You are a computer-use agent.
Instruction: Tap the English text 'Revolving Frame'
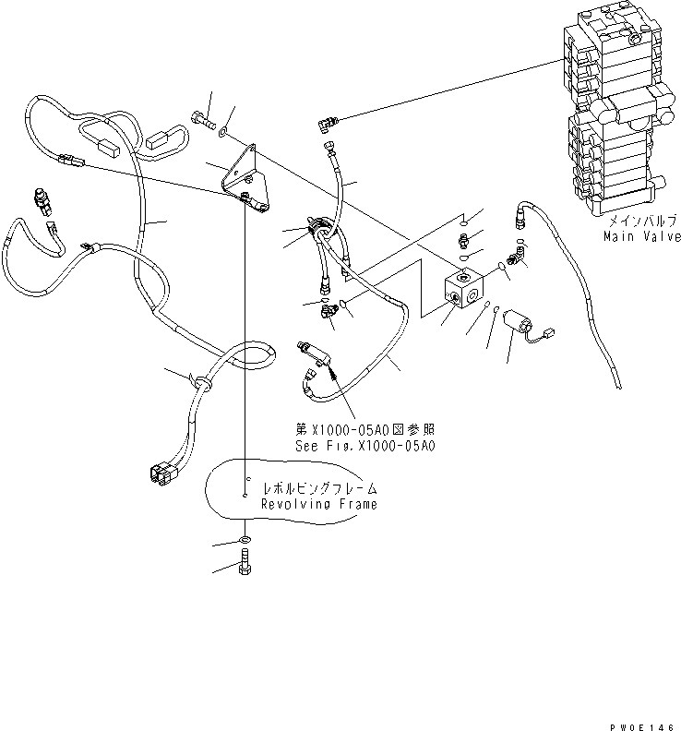coord(318,505)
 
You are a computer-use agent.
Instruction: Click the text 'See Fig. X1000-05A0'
coord(364,445)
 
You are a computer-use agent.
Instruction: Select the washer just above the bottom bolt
coord(243,539)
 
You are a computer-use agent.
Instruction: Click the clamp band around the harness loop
coord(199,380)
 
